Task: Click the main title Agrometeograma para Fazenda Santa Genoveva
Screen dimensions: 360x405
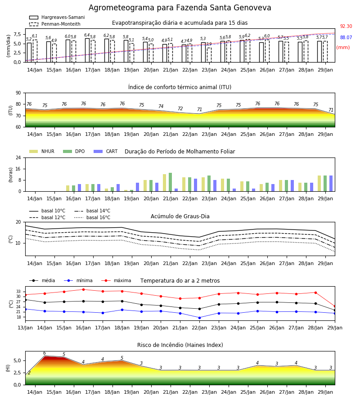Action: (180, 8)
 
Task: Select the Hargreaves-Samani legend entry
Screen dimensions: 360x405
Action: (57, 17)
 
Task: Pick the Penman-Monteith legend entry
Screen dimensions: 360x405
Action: (55, 24)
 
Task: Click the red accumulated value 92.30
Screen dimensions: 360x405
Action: (346, 27)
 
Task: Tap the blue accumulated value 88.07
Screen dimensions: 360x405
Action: (346, 37)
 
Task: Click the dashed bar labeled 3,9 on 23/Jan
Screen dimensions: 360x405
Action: (209, 55)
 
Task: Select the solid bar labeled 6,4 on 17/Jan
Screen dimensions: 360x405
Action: (87, 50)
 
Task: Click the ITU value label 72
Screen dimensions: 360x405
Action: (180, 109)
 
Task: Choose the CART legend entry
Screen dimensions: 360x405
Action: (106, 151)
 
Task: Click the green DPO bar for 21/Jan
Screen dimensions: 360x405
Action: (171, 182)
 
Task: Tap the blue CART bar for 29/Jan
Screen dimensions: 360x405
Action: (331, 184)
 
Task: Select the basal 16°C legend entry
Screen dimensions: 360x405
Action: (92, 217)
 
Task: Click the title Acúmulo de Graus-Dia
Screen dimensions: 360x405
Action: (180, 216)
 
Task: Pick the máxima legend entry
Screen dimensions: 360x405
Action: (117, 280)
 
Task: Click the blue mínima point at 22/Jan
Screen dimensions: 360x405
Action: (200, 318)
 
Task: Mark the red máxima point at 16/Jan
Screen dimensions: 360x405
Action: (83, 289)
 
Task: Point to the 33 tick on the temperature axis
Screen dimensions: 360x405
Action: (18, 292)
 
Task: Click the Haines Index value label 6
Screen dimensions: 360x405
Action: (45, 353)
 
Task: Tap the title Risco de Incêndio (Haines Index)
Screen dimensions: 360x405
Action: (180, 345)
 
